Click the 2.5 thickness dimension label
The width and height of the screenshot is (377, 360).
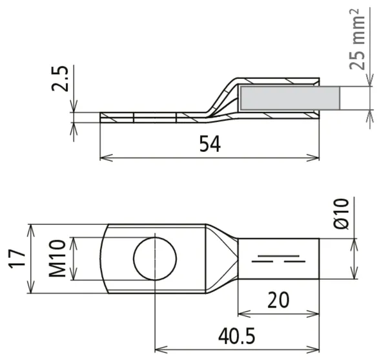pos(60,78)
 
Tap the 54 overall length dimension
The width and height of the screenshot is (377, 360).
pos(210,144)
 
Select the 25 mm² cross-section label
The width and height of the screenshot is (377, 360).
pos(358,39)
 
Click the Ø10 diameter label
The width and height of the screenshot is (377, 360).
pos(341,214)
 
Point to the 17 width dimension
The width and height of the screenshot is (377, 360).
pos(17,259)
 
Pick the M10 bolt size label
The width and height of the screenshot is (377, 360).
pos(57,259)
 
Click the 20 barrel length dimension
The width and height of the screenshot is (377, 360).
pos(278,300)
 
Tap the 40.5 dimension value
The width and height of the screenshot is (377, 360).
pos(236,336)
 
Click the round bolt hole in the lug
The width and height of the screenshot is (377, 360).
pos(155,259)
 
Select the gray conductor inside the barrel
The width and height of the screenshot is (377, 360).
pos(290,98)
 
